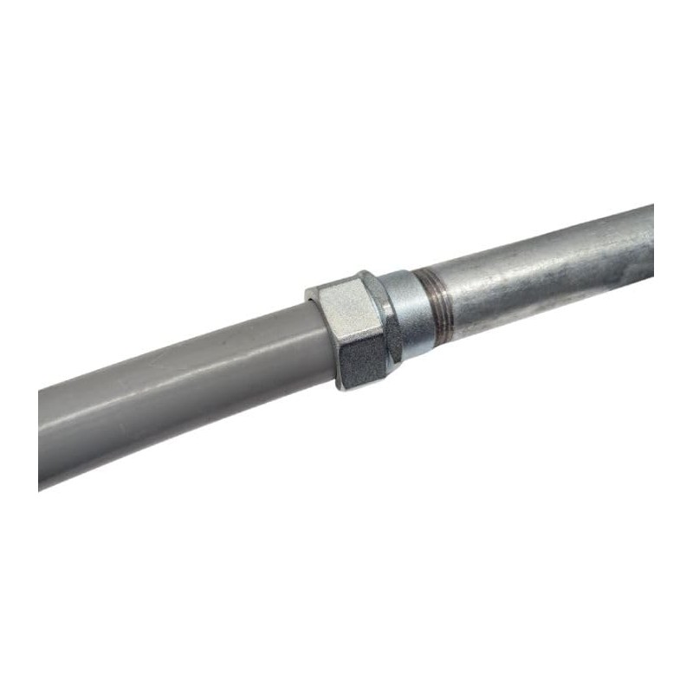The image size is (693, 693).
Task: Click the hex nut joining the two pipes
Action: tap(355, 330)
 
